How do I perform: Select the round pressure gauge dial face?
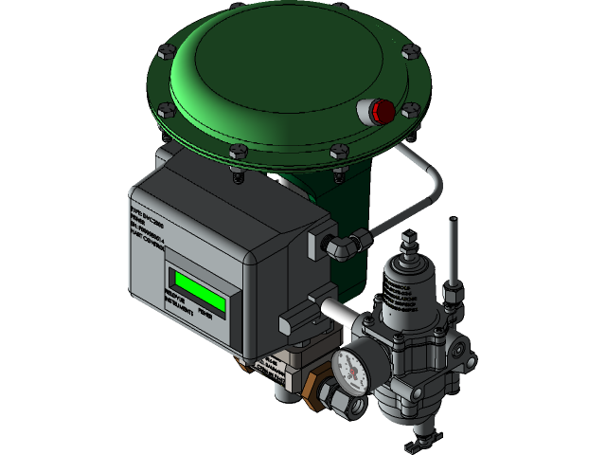tap(349, 369)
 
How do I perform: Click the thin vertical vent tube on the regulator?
tap(454, 249)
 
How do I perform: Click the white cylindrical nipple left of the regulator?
tap(335, 310)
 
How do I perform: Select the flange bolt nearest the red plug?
tap(410, 110)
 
